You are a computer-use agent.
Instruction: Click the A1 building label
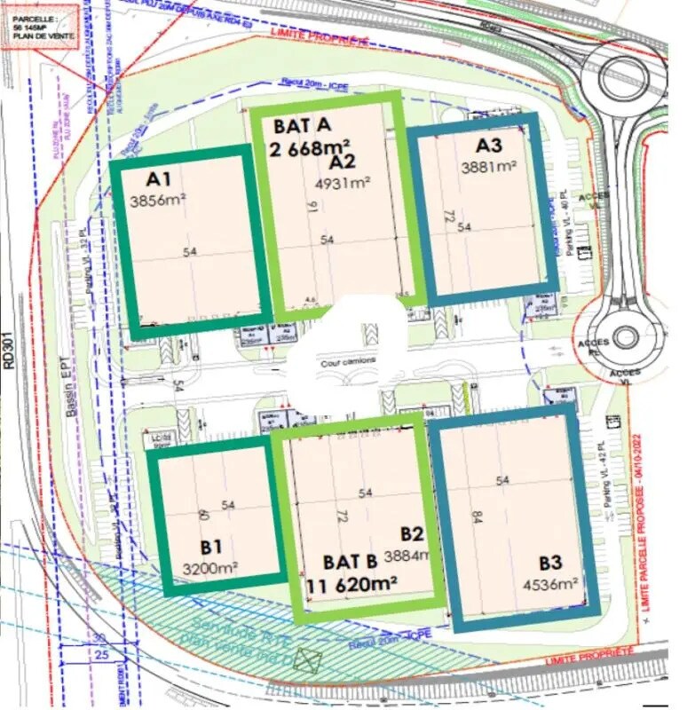coord(147,177)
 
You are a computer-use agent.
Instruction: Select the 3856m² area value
coord(157,201)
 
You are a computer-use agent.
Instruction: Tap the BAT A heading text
coord(303,125)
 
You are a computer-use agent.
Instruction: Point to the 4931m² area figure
coord(343,184)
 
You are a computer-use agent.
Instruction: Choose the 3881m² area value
coord(489,167)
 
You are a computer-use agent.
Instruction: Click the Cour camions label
coord(349,360)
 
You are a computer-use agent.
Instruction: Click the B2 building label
coord(411,533)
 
